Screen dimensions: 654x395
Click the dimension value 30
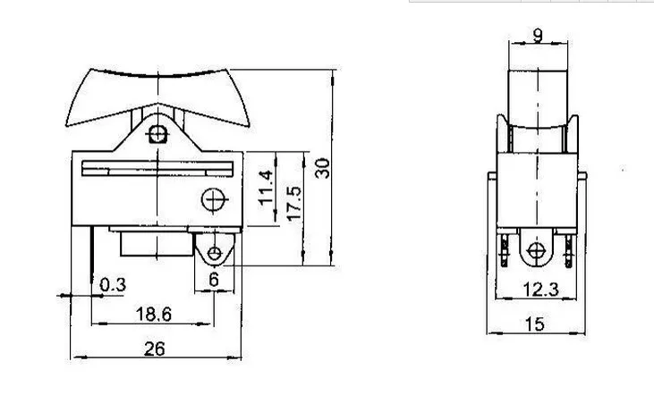pos(322,168)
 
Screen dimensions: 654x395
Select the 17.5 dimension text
pos(294,203)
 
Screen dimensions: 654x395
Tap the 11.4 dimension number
pos(266,189)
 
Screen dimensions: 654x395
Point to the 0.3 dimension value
pos(113,284)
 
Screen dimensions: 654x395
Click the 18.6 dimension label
pos(154,315)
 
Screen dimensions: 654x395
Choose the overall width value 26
pos(154,349)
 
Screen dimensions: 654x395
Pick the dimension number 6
pos(214,280)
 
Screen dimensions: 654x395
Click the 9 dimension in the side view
pos(538,36)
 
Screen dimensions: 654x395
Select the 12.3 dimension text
pos(540,290)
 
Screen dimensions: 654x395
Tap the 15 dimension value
pos(535,324)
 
